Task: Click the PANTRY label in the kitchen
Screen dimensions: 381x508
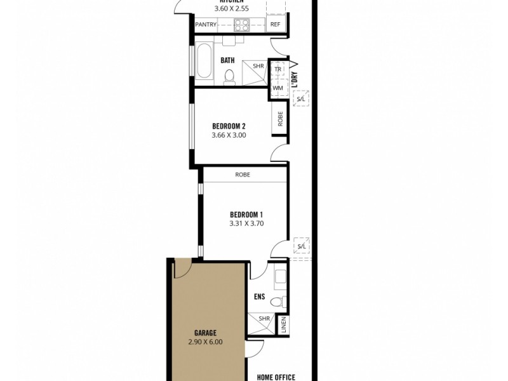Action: click(x=206, y=25)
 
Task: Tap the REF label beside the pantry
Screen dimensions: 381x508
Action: click(x=275, y=25)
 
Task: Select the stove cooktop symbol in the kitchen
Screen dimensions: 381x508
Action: click(x=241, y=25)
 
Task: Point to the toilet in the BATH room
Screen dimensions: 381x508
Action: click(x=229, y=76)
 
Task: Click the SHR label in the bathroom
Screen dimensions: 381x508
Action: click(x=258, y=65)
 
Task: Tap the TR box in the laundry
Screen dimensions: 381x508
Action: click(x=277, y=69)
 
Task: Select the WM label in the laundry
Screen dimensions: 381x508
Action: click(x=277, y=88)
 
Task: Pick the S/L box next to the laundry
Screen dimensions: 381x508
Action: click(x=301, y=100)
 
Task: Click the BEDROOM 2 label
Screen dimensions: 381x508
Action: click(x=229, y=126)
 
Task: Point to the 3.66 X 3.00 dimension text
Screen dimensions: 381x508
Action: click(x=229, y=135)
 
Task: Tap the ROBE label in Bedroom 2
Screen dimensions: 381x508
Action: click(x=280, y=118)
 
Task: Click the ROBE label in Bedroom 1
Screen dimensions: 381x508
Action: click(x=242, y=174)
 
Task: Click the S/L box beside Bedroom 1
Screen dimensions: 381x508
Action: click(x=301, y=246)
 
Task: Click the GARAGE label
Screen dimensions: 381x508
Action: click(x=206, y=333)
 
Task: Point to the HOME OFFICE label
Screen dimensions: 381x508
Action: click(x=272, y=377)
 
